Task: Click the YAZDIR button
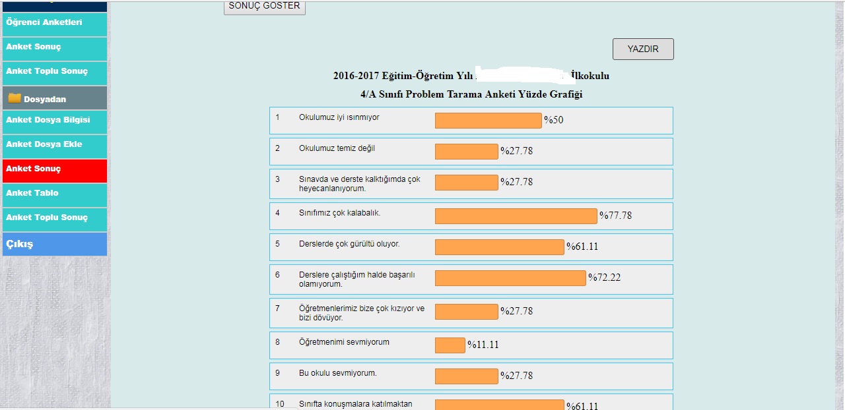pyautogui.click(x=643, y=49)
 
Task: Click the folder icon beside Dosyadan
pyautogui.click(x=15, y=98)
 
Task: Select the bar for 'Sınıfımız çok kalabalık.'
pyautogui.click(x=516, y=216)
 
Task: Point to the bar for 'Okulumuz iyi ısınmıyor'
pyautogui.click(x=488, y=121)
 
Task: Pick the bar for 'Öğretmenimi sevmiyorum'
pyautogui.click(x=450, y=345)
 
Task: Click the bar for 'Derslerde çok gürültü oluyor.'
pyautogui.click(x=499, y=247)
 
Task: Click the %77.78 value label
pyautogui.click(x=615, y=215)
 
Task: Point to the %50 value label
pyautogui.click(x=553, y=120)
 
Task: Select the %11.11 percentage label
pyautogui.click(x=483, y=345)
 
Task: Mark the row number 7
pyautogui.click(x=278, y=308)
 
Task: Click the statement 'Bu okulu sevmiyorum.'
pyautogui.click(x=337, y=373)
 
